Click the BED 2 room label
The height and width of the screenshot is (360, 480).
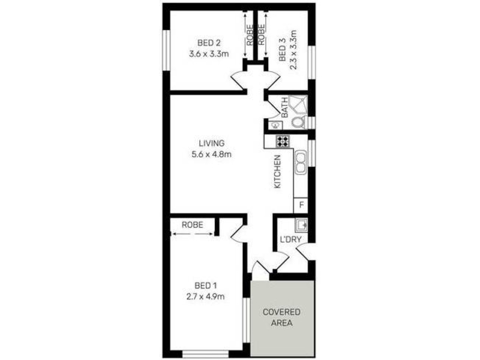pyautogui.click(x=209, y=42)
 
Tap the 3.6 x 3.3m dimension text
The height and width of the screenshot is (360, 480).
pyautogui.click(x=209, y=53)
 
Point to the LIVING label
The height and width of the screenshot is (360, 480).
pyautogui.click(x=211, y=143)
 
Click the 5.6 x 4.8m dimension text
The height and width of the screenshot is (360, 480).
pyautogui.click(x=211, y=154)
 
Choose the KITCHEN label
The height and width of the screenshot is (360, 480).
pyautogui.click(x=278, y=172)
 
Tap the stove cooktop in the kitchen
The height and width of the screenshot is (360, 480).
pyautogui.click(x=282, y=142)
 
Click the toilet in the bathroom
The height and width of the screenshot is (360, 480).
pyautogui.click(x=298, y=122)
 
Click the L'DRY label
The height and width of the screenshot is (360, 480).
pyautogui.click(x=290, y=240)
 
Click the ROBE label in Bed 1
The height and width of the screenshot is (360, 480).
pyautogui.click(x=192, y=224)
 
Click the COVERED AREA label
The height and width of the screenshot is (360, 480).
pyautogui.click(x=281, y=317)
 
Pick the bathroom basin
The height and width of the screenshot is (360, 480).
pyautogui.click(x=275, y=125)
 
